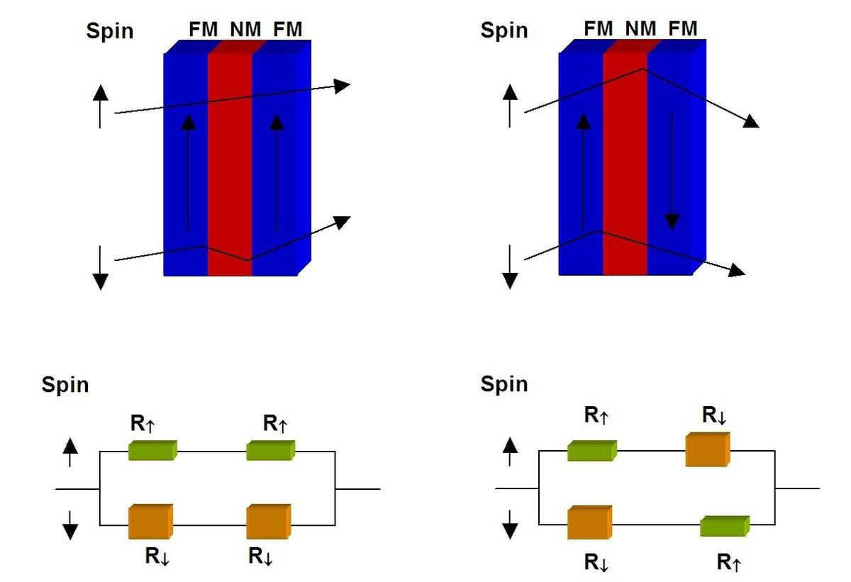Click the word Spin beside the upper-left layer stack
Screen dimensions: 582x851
[x=109, y=31]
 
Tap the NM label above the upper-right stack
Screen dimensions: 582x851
[x=640, y=29]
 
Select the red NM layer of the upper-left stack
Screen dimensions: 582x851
[x=230, y=163]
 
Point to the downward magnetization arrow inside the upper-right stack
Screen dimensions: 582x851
[x=672, y=170]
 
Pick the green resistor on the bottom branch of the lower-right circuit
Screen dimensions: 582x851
[x=724, y=526]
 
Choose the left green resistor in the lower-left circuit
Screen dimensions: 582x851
[x=152, y=450]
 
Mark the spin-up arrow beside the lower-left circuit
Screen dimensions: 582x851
[x=69, y=452]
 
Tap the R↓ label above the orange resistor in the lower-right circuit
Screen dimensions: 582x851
[x=714, y=415]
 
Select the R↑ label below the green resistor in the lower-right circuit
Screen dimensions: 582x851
[x=730, y=563]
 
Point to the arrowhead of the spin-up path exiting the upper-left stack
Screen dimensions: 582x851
[x=343, y=86]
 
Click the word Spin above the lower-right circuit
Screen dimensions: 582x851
[x=504, y=384]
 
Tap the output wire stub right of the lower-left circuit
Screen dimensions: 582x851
[x=357, y=488]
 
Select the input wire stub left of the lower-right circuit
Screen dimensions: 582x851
[x=517, y=488]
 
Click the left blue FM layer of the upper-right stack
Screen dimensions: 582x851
[x=581, y=163]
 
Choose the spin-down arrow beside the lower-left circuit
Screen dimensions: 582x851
[x=69, y=526]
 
